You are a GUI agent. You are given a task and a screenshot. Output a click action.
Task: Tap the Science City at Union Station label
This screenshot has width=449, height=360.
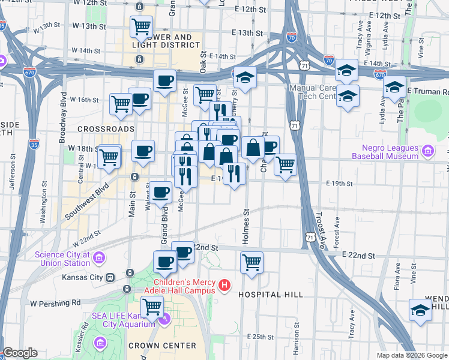(x=61, y=259)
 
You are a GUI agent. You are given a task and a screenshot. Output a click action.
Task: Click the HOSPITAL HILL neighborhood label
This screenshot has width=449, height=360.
(x=268, y=295)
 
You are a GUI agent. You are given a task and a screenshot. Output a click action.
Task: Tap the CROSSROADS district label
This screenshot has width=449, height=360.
(x=106, y=129)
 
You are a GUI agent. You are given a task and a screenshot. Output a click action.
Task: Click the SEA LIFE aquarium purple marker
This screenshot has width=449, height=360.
(x=167, y=318)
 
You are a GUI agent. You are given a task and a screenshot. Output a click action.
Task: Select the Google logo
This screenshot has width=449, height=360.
(x=19, y=353)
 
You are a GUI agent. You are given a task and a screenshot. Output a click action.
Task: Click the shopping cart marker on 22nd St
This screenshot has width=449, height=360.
(x=252, y=262)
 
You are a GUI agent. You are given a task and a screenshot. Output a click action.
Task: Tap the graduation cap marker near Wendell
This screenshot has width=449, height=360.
(x=420, y=310)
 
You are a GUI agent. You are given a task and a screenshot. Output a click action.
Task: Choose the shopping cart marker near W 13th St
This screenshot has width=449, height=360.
(x=141, y=26)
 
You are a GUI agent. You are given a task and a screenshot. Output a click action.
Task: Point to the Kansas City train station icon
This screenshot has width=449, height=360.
(x=110, y=278)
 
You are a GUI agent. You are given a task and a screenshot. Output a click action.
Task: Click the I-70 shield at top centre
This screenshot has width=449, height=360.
(x=291, y=37)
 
